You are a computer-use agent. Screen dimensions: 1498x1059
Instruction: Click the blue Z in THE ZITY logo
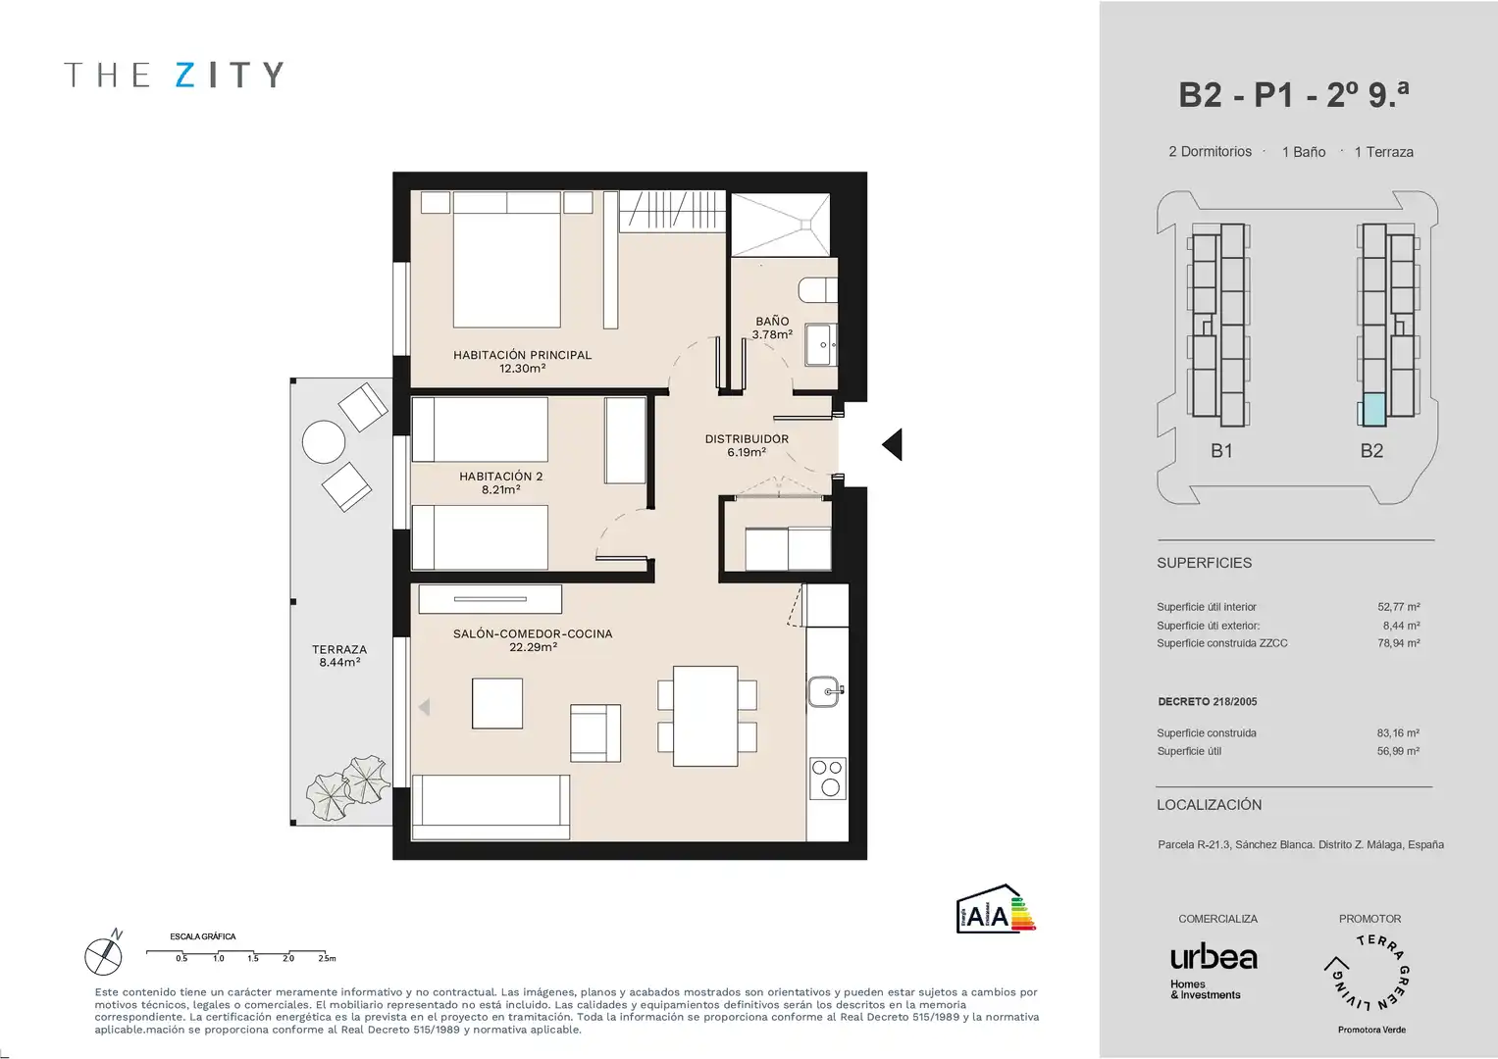pos(184,75)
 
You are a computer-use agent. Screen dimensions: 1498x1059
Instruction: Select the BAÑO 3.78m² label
pos(772,328)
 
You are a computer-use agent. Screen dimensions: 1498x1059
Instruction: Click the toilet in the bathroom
pos(817,290)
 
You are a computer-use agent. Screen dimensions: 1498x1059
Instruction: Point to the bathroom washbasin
pos(821,345)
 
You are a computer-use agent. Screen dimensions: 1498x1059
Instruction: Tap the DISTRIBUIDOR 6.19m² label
pos(747,445)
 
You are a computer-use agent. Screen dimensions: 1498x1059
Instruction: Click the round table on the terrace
pos(324,442)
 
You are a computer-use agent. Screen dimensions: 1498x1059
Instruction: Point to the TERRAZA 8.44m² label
pos(339,655)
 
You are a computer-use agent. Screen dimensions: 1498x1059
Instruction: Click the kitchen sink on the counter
pos(826,691)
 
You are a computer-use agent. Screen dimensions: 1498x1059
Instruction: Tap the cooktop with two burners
pos(828,779)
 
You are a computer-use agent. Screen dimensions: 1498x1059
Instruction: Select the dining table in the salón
pos(705,716)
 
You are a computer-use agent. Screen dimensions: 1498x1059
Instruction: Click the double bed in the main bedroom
pos(507,260)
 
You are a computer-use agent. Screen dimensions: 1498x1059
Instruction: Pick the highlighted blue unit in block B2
pos(1373,410)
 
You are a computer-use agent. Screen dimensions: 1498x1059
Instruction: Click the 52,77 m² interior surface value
pos(1398,607)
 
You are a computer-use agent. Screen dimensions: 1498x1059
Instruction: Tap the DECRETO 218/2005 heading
pos(1207,701)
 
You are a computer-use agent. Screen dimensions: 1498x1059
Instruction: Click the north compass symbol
pos(104,955)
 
